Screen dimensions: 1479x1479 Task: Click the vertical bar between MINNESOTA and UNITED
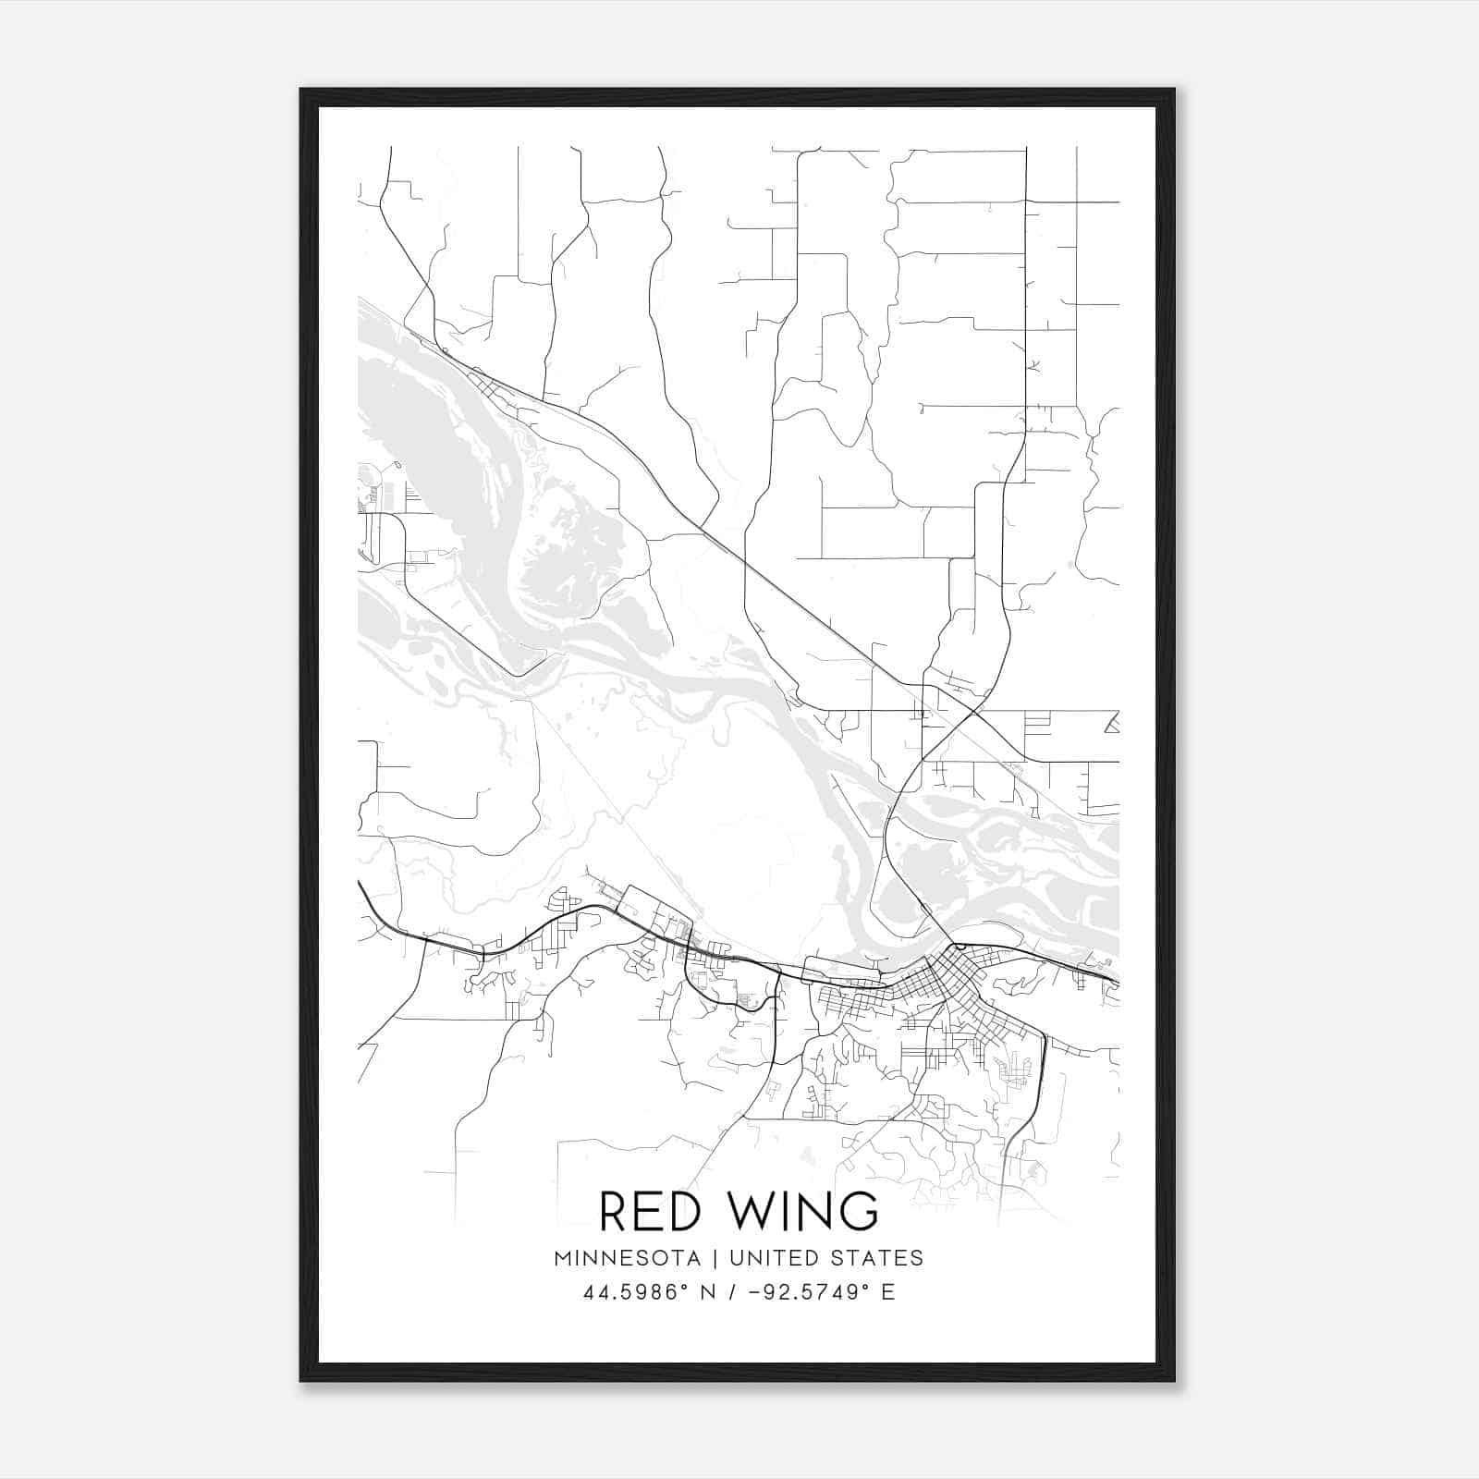[x=722, y=1257]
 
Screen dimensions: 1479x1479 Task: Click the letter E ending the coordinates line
[x=888, y=1292]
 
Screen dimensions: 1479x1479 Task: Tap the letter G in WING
[x=859, y=1211]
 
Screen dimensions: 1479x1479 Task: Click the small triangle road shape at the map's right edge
[x=1113, y=723]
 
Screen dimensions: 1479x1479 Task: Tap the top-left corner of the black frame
[x=302, y=91]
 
